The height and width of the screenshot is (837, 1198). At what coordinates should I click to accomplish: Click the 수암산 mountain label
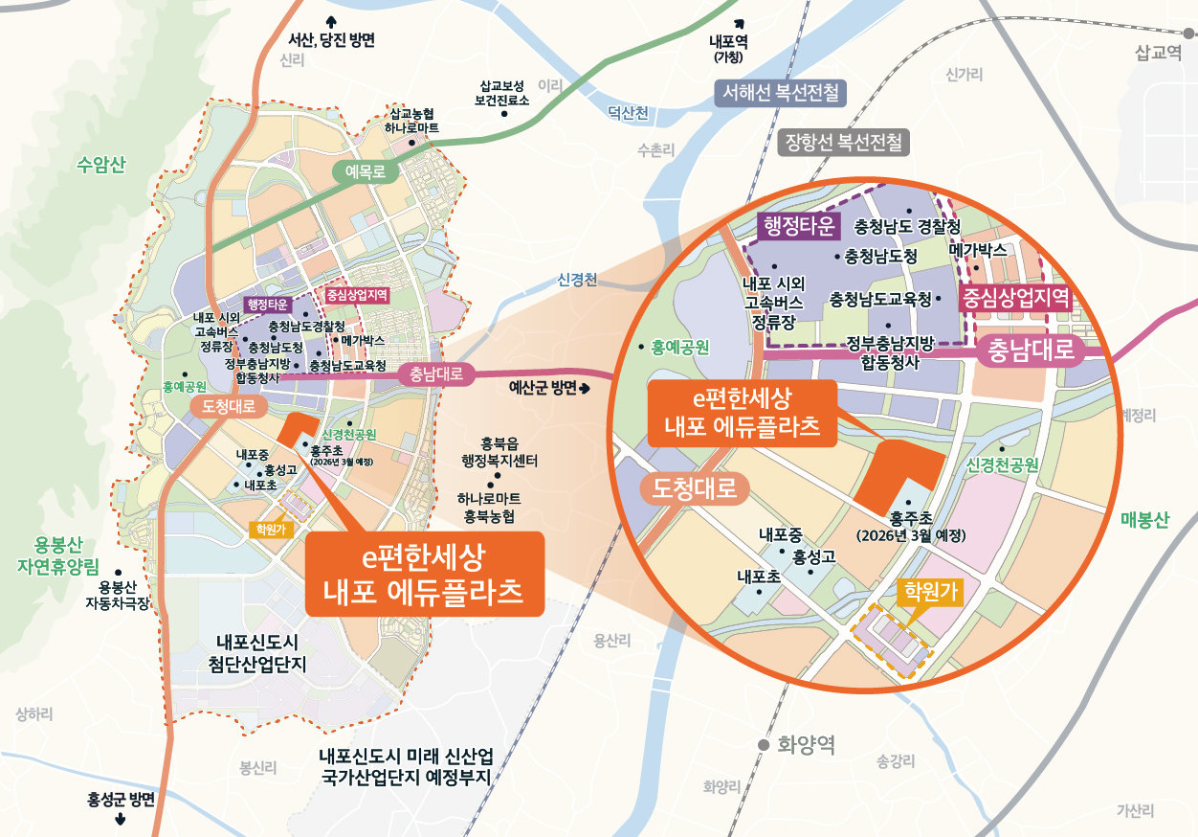coord(100,164)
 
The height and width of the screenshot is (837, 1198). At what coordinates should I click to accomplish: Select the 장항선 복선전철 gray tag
coord(843,144)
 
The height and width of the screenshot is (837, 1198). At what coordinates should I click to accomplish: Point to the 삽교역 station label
coord(1159,55)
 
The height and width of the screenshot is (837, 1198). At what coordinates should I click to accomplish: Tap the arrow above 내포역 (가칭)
coord(739,23)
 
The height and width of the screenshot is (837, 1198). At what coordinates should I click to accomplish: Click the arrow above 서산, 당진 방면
coord(331,21)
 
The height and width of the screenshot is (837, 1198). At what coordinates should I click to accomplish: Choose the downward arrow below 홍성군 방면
coord(121,820)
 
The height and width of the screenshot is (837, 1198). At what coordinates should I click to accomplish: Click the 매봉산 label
coord(1144,521)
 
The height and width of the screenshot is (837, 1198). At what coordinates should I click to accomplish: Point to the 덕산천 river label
coord(628,114)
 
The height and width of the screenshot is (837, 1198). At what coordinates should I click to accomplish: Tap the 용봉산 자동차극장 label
coord(119,596)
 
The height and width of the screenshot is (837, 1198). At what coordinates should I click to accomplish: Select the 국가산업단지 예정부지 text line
coord(405,776)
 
